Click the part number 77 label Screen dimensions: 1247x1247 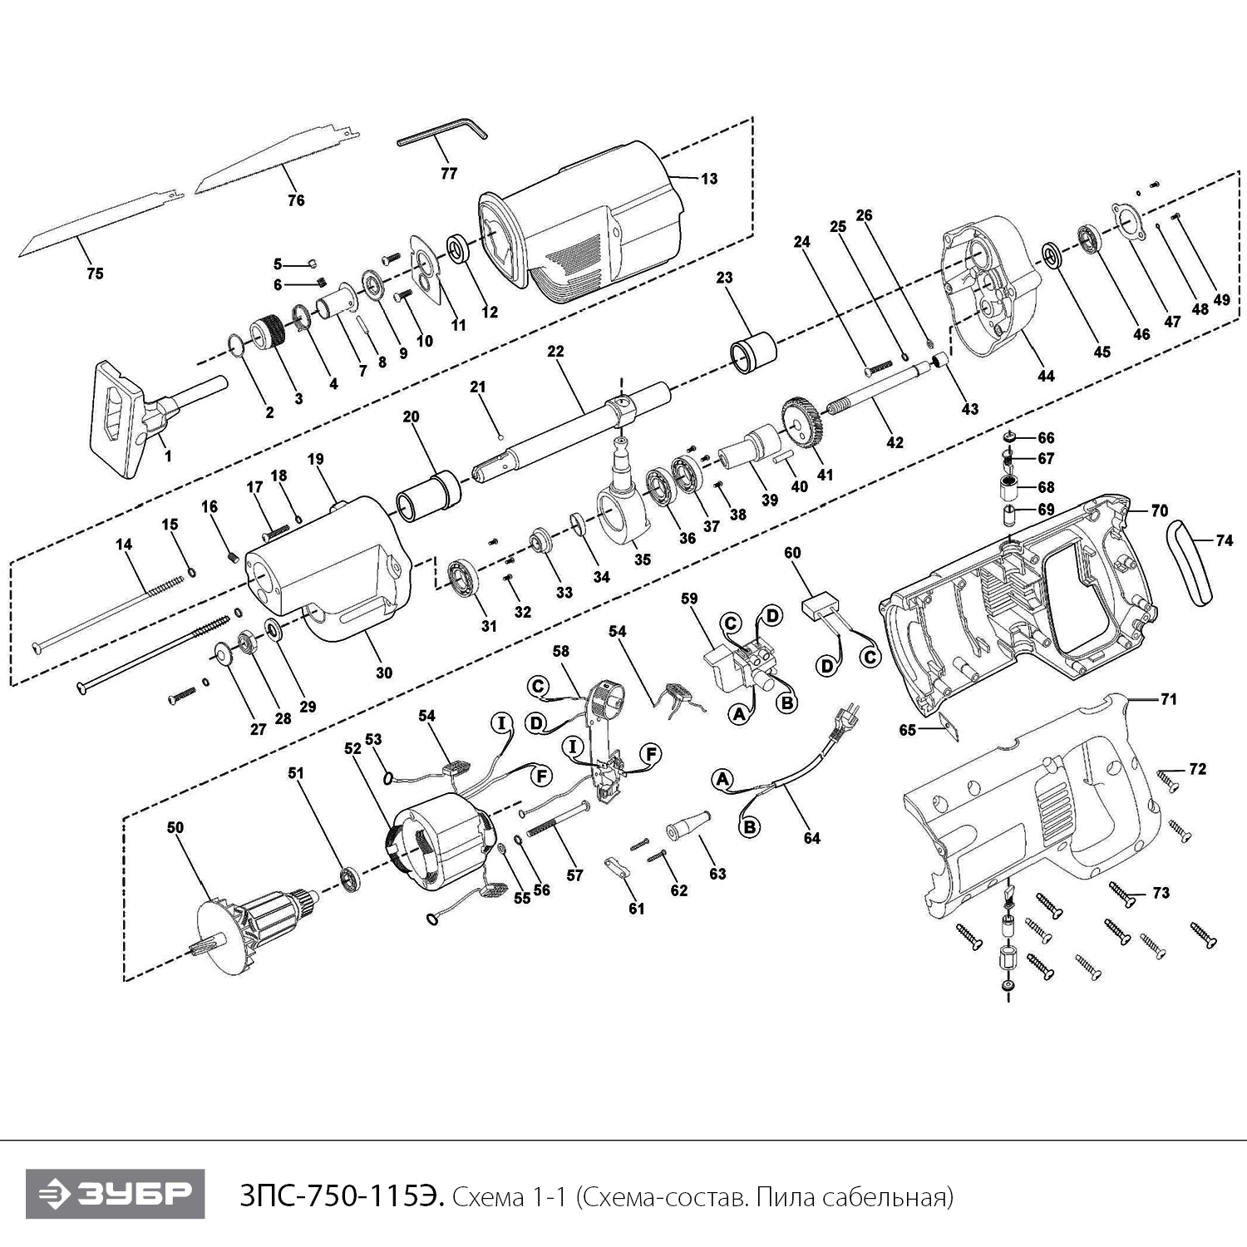tap(449, 174)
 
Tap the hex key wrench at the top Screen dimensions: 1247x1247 tap(440, 134)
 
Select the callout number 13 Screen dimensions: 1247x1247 tap(709, 179)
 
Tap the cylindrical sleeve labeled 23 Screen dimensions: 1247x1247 tap(752, 350)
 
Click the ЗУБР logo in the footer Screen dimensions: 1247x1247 tap(115, 1194)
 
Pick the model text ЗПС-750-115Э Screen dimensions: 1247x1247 tap(341, 1196)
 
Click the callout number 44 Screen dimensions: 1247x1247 tap(1046, 376)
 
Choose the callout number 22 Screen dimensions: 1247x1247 tap(555, 351)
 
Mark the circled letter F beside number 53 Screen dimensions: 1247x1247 tap(541, 776)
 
